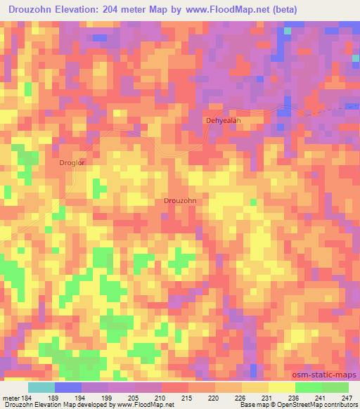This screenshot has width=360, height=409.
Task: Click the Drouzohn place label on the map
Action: coord(179,201)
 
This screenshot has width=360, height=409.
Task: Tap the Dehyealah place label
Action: coord(223,120)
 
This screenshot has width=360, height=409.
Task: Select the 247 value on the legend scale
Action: coord(347,398)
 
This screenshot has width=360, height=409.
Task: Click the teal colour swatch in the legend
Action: coord(41,387)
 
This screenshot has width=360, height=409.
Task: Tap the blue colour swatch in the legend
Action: coord(68,387)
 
